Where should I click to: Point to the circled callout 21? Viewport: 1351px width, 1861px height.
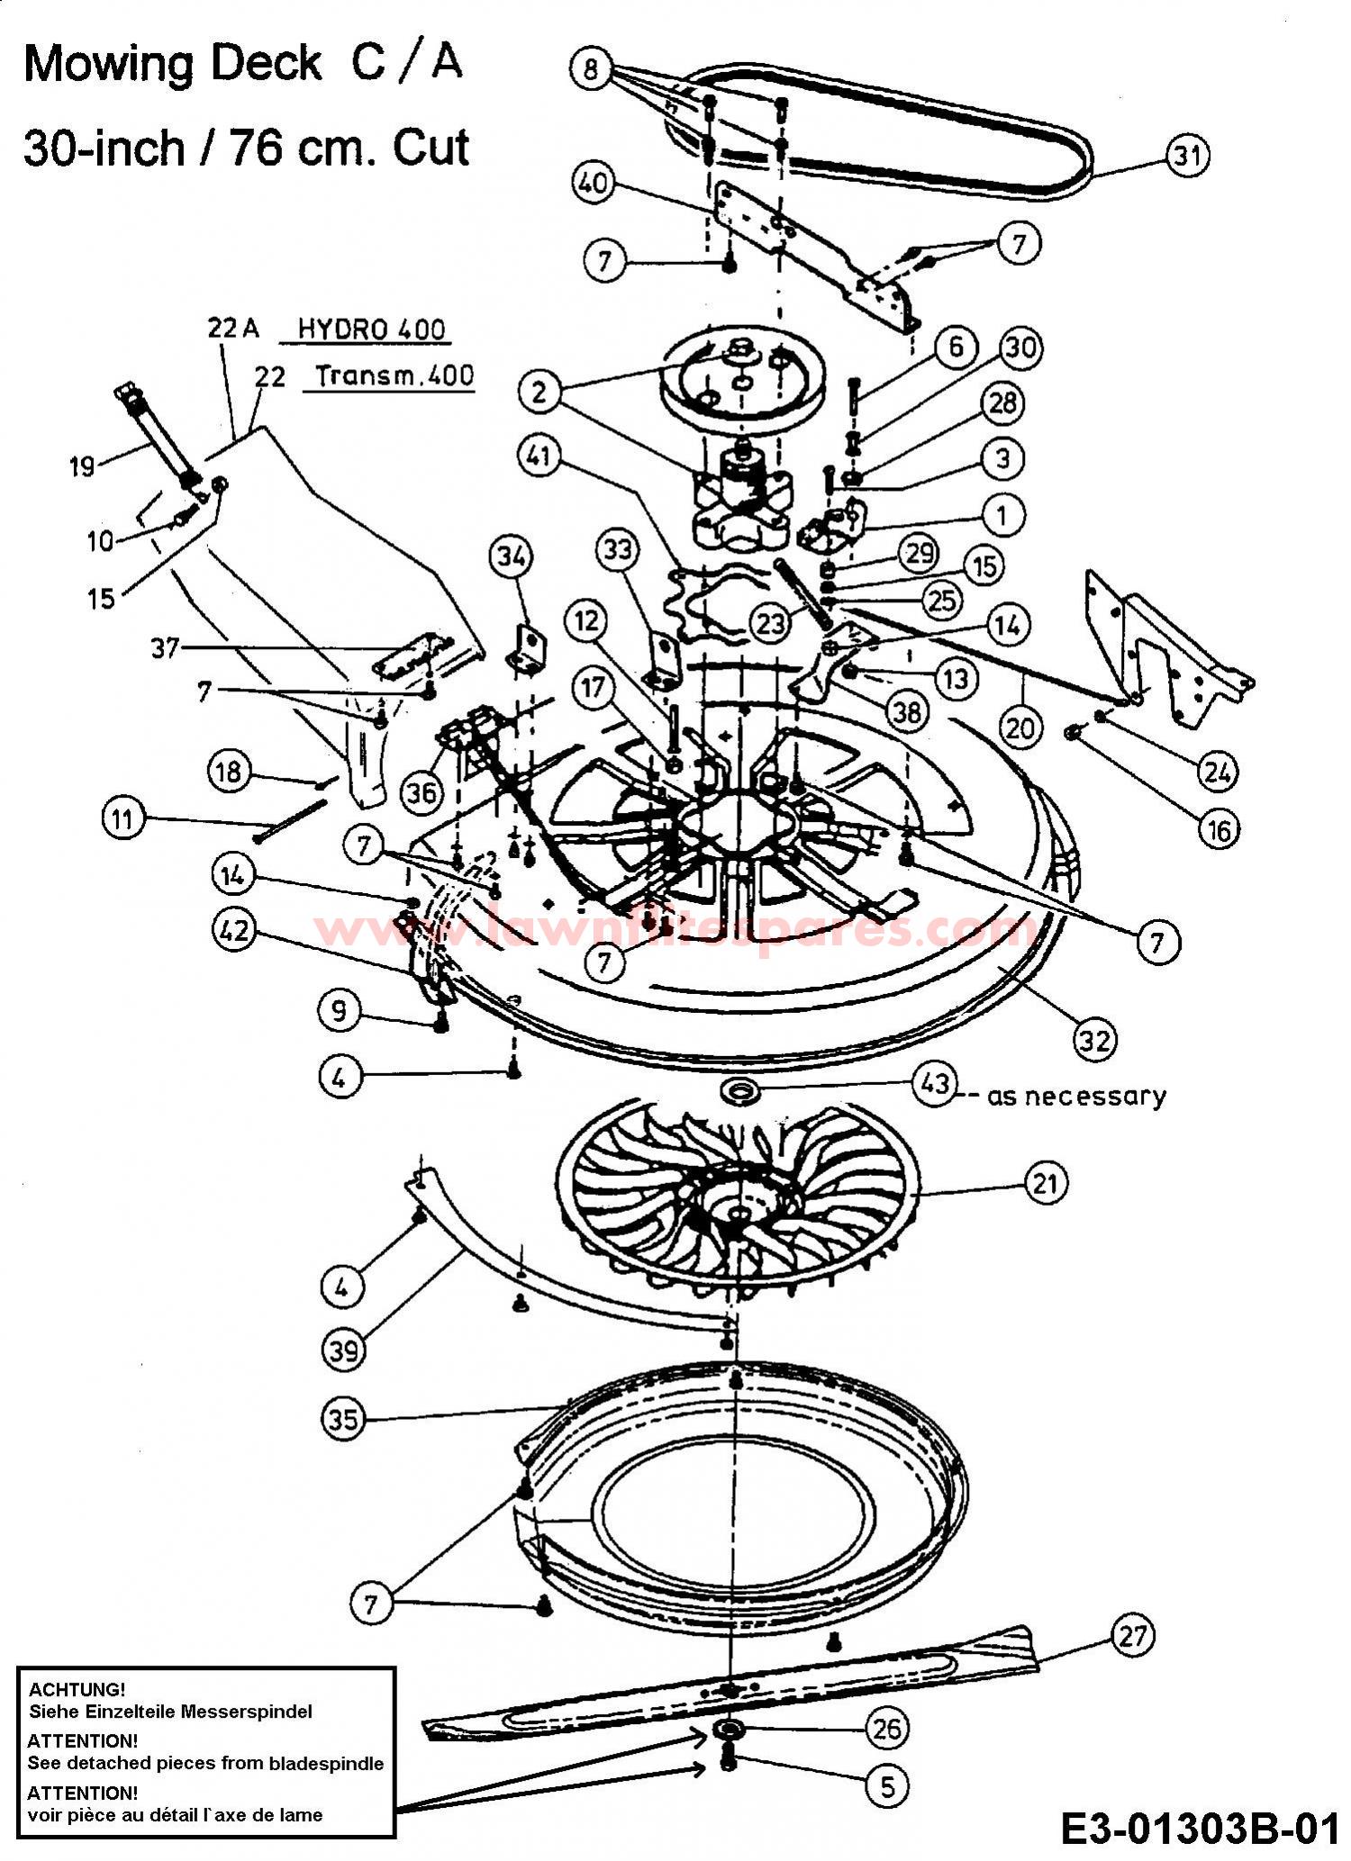1045,1184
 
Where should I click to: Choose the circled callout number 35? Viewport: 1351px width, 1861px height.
344,1420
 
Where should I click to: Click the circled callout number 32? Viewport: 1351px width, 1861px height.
1094,1040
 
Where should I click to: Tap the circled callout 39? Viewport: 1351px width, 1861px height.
344,1351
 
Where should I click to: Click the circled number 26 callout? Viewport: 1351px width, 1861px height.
887,1728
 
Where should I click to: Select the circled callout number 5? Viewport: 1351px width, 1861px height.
887,1786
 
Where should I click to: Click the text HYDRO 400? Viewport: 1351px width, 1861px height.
371,330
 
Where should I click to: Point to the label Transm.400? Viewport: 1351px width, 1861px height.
395,375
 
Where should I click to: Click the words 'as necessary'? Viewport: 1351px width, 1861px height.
1076,1097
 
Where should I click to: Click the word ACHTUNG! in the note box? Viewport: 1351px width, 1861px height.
77,1688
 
